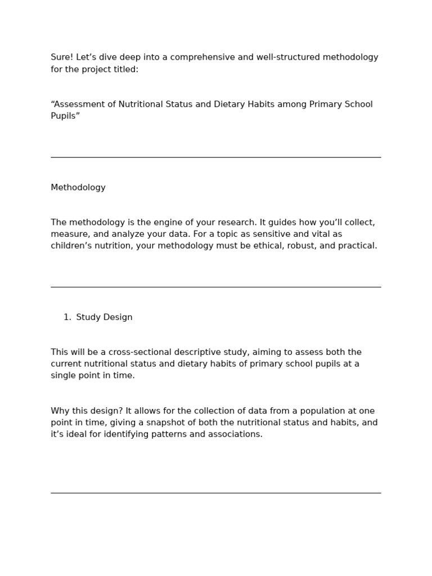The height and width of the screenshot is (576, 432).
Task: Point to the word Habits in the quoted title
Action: click(x=256, y=104)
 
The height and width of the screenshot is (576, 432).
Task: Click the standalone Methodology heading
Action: click(x=78, y=187)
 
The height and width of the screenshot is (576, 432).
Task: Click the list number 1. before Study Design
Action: click(x=67, y=317)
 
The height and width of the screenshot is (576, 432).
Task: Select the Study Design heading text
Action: click(x=105, y=317)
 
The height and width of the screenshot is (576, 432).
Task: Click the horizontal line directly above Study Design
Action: click(x=216, y=287)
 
